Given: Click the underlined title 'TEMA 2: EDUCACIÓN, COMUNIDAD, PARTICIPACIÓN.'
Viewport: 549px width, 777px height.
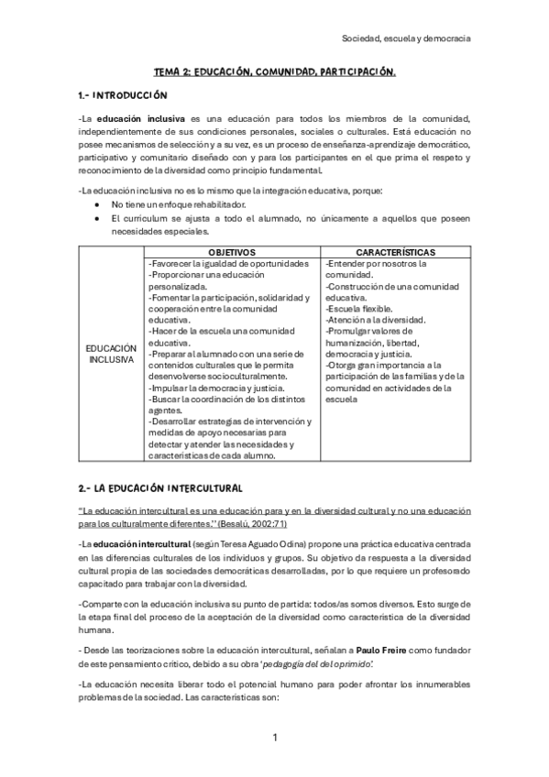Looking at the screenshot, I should click(274, 71).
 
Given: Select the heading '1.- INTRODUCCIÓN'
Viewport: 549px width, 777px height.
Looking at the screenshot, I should click(122, 95).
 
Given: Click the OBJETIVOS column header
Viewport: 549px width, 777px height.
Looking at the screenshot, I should click(231, 251).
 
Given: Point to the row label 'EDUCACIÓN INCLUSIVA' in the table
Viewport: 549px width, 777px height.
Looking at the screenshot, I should click(111, 354).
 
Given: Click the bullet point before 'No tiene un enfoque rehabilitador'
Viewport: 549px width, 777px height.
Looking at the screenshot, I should click(98, 203).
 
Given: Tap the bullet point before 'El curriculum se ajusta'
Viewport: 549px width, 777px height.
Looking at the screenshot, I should click(98, 219).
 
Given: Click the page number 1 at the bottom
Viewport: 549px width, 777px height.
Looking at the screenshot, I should click(274, 738).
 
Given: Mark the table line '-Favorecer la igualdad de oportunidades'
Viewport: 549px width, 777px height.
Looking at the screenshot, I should click(228, 264).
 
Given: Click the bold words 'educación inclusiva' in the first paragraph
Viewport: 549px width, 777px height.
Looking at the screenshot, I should click(142, 119).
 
